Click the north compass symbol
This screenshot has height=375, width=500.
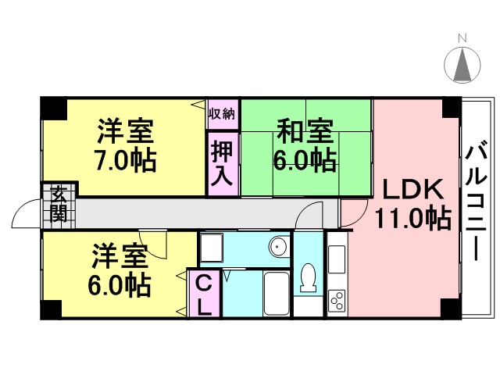462,65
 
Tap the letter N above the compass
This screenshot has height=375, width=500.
462,38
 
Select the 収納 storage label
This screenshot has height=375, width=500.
222,114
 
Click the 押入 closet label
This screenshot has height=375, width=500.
222,163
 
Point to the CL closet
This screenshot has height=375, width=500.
204,294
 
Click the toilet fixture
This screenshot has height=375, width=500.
309,277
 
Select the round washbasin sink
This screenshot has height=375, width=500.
278,247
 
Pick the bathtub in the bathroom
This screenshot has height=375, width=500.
277,294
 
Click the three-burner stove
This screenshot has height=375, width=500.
337,300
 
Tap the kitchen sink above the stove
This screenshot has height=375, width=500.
337,259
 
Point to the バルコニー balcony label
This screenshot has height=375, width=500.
476,203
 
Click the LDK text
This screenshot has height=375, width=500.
413,189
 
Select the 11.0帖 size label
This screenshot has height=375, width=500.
413,219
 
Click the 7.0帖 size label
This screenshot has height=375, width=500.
125,159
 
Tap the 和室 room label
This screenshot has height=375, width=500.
305,130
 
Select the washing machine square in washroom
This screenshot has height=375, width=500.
212,248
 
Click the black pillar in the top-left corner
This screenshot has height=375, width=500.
53,109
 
